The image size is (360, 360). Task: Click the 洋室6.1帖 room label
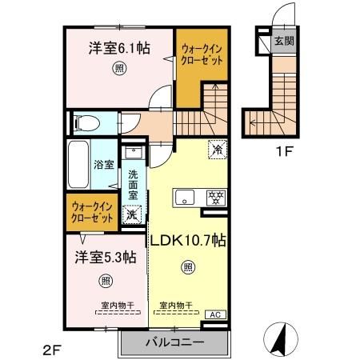point(118,47)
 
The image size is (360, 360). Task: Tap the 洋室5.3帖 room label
point(106,257)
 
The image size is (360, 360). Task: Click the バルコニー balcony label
point(174,342)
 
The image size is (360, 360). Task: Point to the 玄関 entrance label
point(282,42)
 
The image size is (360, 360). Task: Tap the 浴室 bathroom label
point(104,165)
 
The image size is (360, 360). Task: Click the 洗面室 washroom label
point(134,183)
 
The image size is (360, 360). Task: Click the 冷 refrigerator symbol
point(217,149)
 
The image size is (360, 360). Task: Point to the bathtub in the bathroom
point(79,166)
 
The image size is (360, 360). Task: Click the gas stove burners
point(215,196)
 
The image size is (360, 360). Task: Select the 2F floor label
point(51,349)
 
